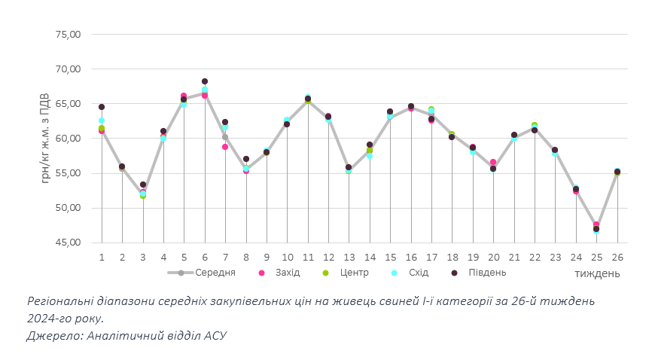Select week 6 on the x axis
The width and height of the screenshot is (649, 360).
[205, 257]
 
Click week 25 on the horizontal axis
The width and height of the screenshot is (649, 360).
[596, 257]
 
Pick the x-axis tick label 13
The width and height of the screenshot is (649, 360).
[349, 257]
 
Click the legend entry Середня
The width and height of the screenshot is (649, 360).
[215, 273]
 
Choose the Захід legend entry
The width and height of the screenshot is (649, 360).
[284, 273]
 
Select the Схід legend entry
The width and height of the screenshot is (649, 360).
[416, 273]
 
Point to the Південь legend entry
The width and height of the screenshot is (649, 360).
[486, 273]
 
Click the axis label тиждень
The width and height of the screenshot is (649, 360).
[598, 273]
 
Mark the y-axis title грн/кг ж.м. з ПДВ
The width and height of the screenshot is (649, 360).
[46, 139]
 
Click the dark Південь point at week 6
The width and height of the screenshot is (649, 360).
[205, 81]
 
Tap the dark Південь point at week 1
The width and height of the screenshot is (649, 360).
[102, 107]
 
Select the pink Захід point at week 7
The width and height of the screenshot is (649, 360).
[225, 147]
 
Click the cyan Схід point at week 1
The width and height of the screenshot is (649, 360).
[102, 121]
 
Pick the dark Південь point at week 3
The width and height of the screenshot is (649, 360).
[143, 185]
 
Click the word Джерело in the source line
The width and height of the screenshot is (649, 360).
[50, 335]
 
